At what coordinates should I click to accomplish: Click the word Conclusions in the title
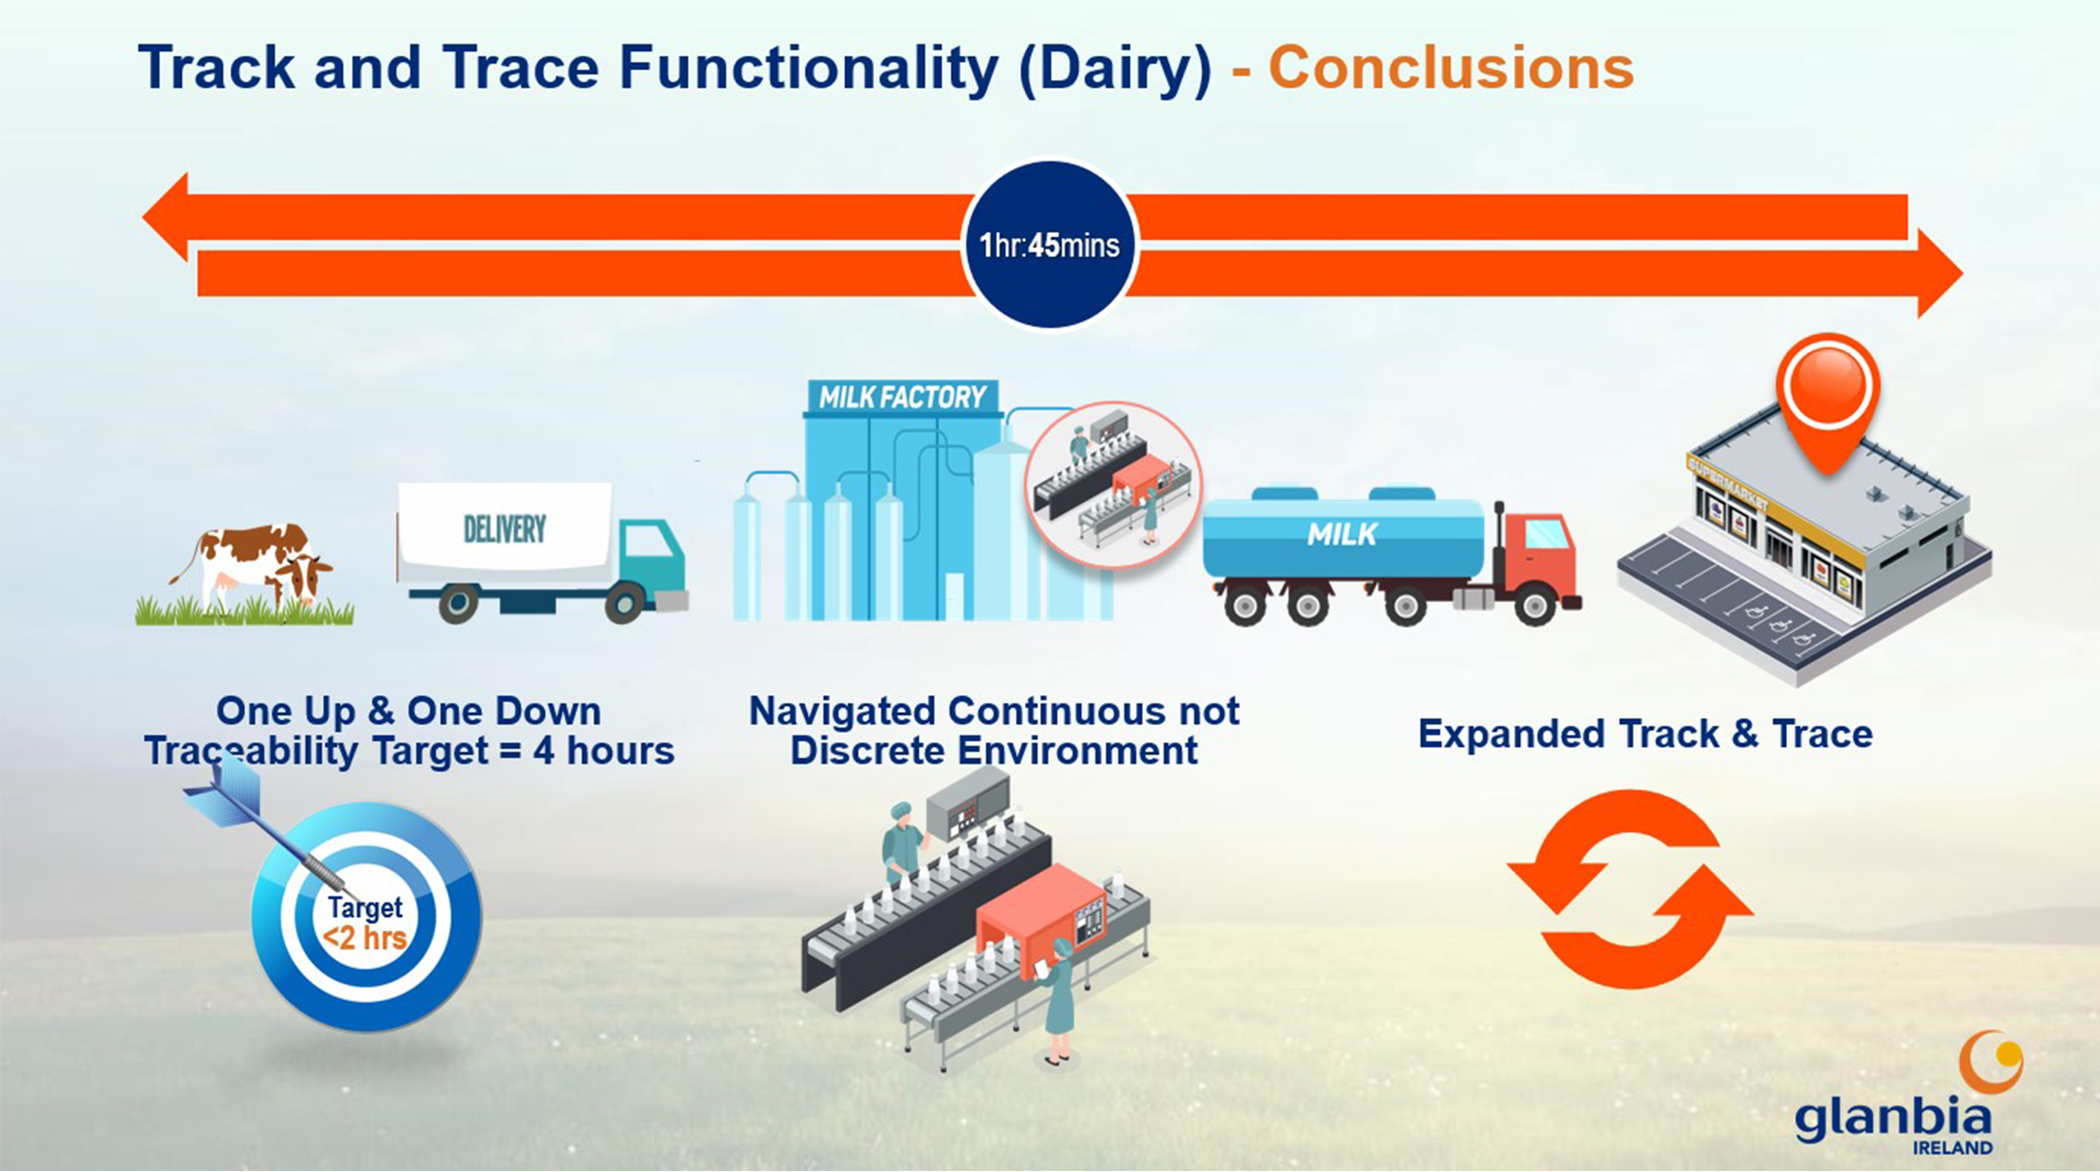click(x=1451, y=68)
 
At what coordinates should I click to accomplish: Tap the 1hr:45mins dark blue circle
click(x=1050, y=245)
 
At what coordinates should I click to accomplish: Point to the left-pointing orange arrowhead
click(x=165, y=217)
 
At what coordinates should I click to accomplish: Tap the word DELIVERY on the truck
click(x=505, y=530)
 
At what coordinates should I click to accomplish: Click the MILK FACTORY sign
click(x=902, y=397)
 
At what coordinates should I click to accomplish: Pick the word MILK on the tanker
click(x=1342, y=534)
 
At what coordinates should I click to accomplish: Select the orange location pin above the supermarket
click(x=1828, y=397)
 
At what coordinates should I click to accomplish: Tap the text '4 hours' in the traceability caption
click(x=604, y=750)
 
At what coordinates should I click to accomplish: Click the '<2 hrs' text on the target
click(x=364, y=937)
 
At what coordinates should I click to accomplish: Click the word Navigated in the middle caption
click(x=842, y=712)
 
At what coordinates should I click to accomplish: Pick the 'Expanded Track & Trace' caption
click(x=1645, y=734)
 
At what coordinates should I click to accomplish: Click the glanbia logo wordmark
click(x=1893, y=1117)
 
